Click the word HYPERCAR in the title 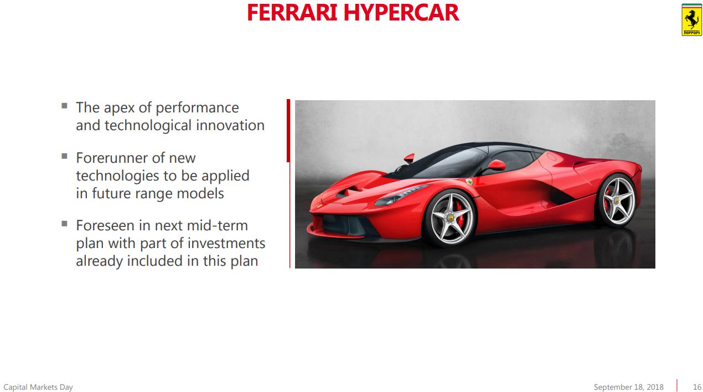point(401,13)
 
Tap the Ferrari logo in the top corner point(691,20)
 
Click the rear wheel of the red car point(617,200)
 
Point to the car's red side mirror point(495,165)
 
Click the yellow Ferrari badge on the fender point(469,182)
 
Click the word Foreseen point(106,225)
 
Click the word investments point(226,243)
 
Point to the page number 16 point(697,387)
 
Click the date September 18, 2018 point(628,387)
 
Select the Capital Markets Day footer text point(38,387)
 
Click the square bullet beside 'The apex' point(65,105)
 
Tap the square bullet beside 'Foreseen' point(65,223)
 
